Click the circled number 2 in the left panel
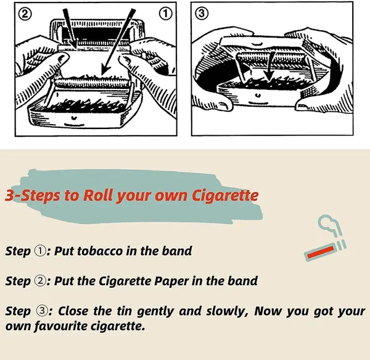25,15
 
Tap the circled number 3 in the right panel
201,14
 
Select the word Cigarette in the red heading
224,196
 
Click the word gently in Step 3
155,311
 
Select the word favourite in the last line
61,327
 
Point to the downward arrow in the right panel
268,67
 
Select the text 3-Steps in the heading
32,196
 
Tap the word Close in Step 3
73,311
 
